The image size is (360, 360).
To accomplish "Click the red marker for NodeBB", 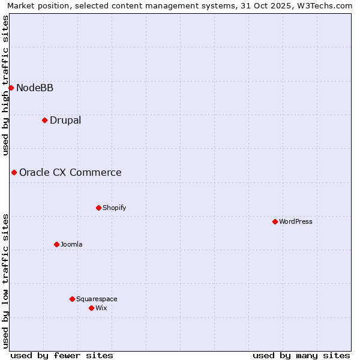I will [x=11, y=88].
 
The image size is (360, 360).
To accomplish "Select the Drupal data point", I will [x=44, y=120].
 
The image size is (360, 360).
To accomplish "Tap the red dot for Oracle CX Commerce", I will [x=14, y=172].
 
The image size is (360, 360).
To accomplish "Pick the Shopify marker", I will [x=98, y=208].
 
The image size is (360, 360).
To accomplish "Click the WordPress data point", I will [x=275, y=221].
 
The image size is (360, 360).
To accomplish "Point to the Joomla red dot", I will [x=56, y=244].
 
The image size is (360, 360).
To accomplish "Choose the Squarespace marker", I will [x=72, y=299].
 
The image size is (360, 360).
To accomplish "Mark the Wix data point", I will [x=91, y=308].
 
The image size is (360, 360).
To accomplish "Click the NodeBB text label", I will [x=35, y=88].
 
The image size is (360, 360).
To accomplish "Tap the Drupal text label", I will [x=65, y=120].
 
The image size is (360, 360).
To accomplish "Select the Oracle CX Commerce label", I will [x=70, y=173].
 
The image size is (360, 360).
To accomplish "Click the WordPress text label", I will [x=296, y=221].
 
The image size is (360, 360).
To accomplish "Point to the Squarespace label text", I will [x=97, y=299].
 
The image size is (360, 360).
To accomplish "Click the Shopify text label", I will [x=114, y=208].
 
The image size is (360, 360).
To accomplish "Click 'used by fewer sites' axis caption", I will [x=62, y=355].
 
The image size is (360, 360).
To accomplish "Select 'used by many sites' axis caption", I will [x=301, y=355].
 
